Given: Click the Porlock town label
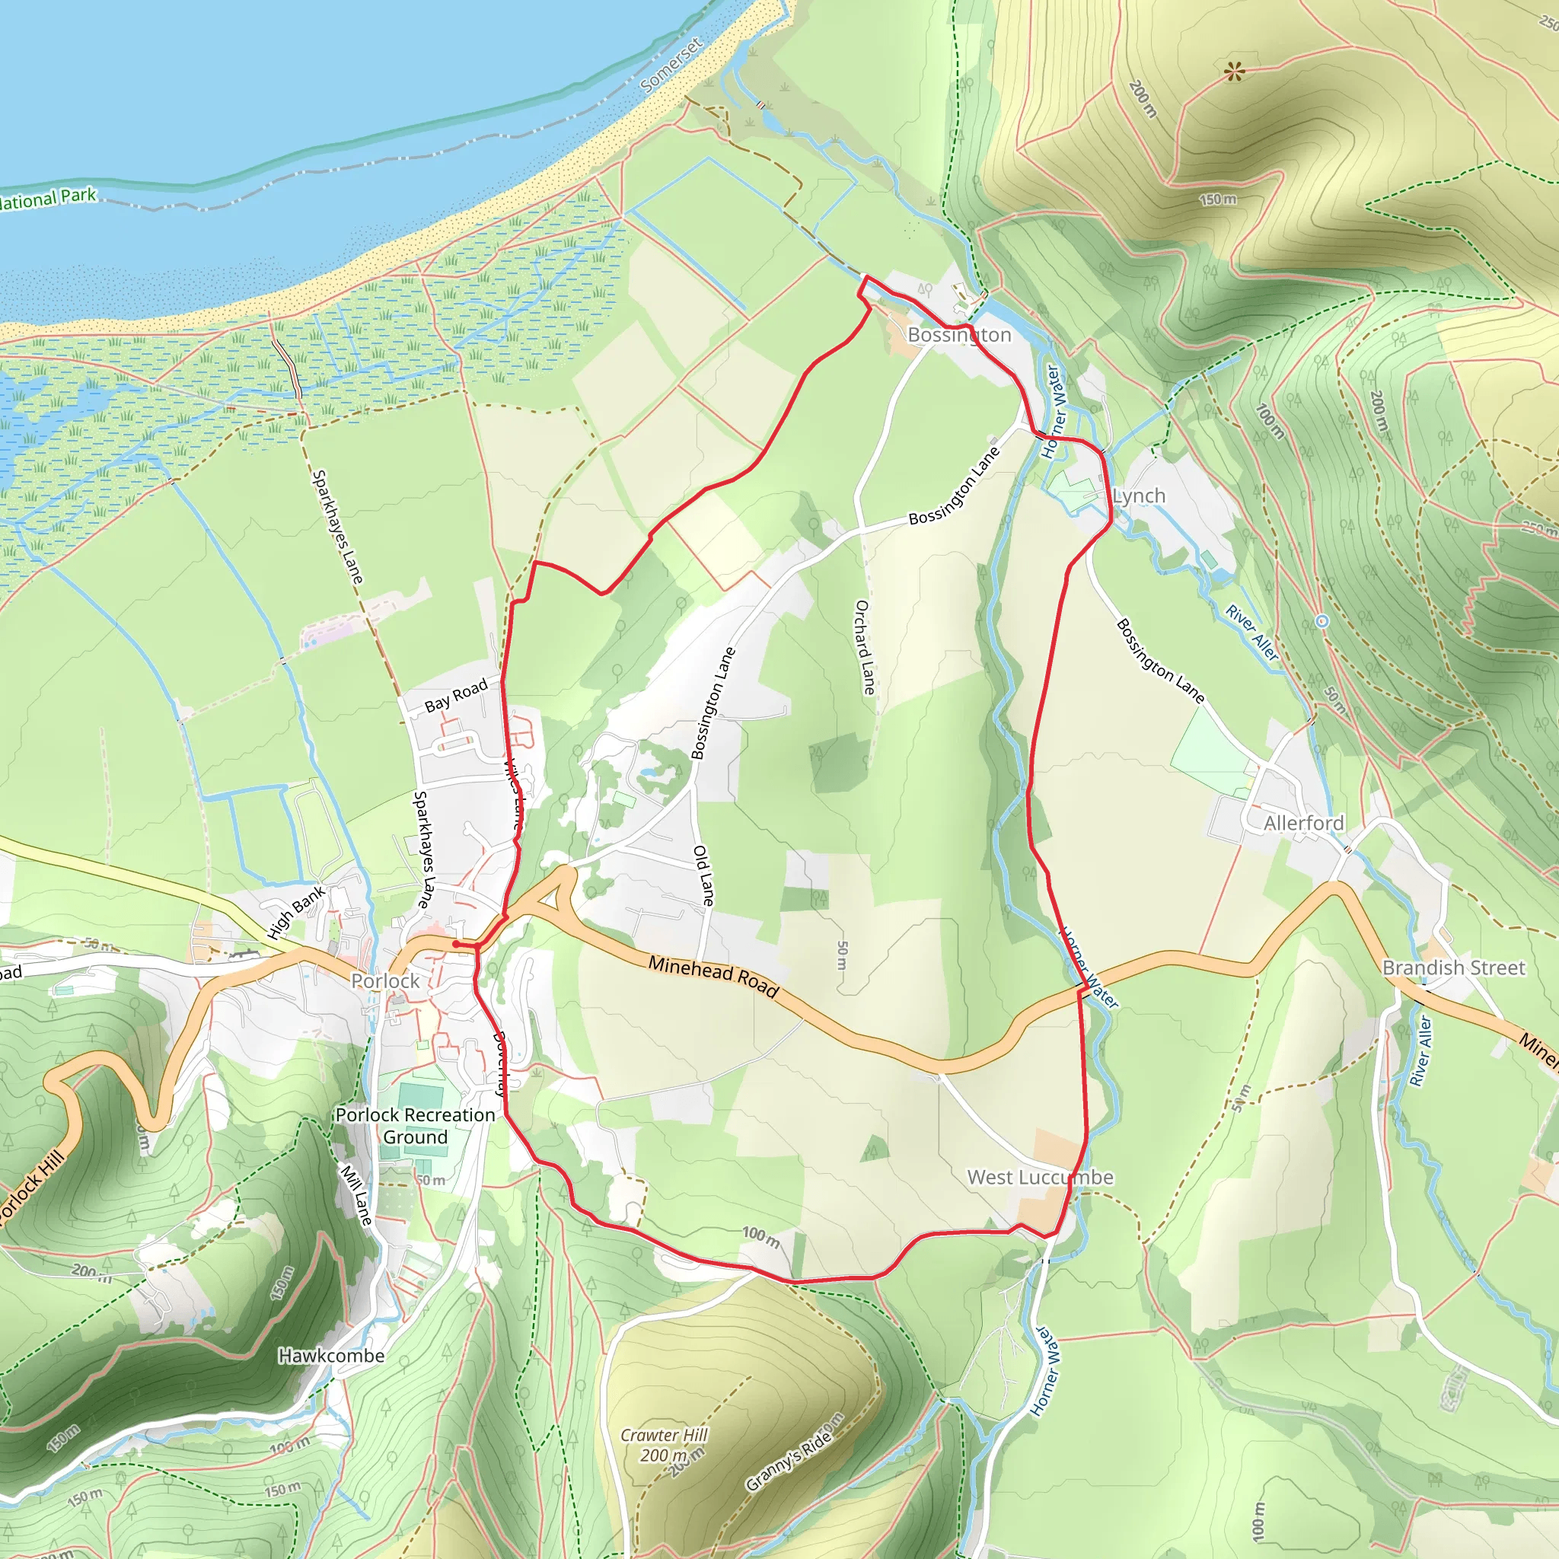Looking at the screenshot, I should pos(385,980).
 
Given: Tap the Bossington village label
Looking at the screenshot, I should pos(958,334).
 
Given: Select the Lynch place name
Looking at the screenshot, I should pos(1139,496).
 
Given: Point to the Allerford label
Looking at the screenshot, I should pos(1303,823).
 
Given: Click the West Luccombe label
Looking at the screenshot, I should pos(1040,1178).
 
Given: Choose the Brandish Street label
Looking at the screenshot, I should pos(1453,968).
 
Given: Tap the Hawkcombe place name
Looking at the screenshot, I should pos(331,1356).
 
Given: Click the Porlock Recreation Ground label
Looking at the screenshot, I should pos(416,1126).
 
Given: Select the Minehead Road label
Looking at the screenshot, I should pos(713,977).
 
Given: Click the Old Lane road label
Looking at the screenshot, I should pos(703,875).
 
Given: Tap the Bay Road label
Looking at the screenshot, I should pos(456,695).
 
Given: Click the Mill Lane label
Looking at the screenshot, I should pos(355,1196).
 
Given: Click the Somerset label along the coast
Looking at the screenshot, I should pos(671,64).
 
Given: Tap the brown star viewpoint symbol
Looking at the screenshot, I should pos(1234,72).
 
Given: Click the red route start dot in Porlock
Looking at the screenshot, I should pos(456,943).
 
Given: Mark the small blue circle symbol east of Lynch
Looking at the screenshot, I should pos(1321,621).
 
